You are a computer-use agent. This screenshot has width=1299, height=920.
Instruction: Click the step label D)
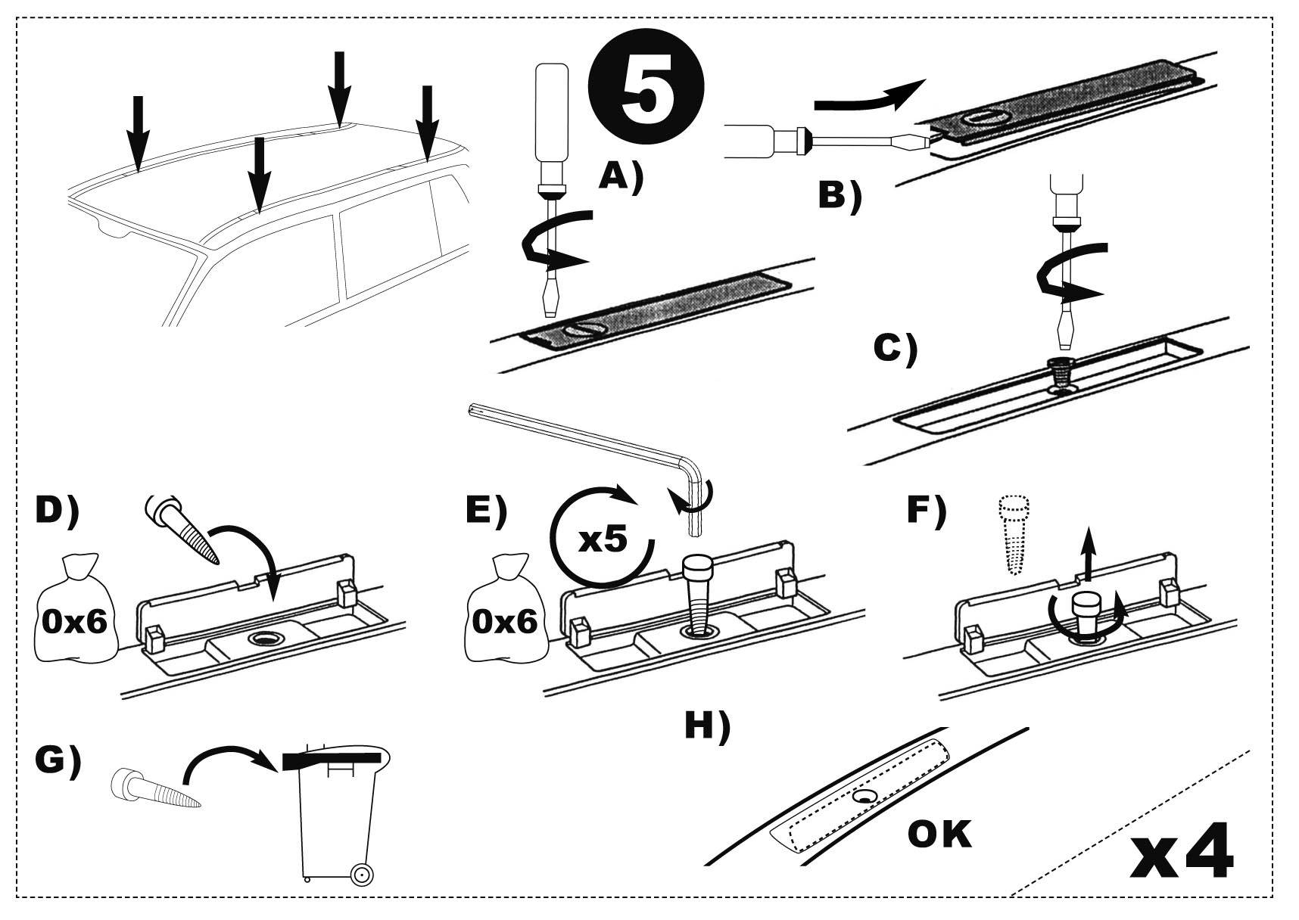click(x=57, y=511)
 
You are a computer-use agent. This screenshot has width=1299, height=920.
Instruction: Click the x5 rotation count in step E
click(x=603, y=539)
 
